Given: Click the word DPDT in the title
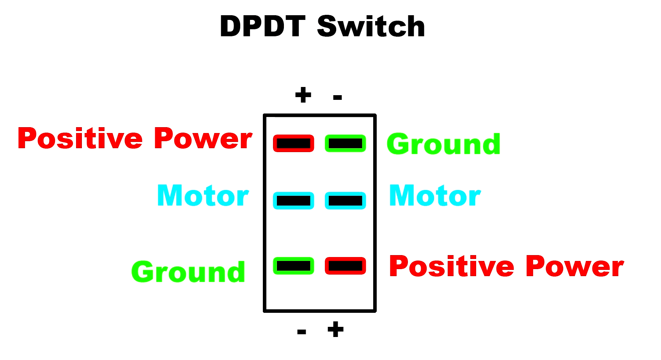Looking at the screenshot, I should point(262,27).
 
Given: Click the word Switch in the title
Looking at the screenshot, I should point(371,27).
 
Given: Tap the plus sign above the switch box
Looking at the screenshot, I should point(303,95).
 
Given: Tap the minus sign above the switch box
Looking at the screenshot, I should point(337,97).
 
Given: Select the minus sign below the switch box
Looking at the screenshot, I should point(301,332).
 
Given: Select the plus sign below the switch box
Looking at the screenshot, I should point(335,329).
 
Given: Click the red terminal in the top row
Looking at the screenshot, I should point(294,144).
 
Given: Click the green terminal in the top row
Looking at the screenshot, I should point(345,144).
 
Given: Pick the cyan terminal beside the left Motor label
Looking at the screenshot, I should point(294,200).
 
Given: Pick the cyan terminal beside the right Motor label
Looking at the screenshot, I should point(345,200).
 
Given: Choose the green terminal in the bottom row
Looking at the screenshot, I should point(294,266).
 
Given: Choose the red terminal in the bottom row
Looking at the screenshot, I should point(345,266).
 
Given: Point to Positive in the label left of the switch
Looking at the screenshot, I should point(80,138).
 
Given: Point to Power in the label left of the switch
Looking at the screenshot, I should point(203,138).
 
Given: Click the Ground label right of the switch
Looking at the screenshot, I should point(443,144).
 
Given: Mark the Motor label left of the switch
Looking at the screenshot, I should point(203,195).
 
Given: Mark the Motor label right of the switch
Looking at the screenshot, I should point(435,195).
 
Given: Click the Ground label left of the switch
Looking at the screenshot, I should point(188,271).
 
